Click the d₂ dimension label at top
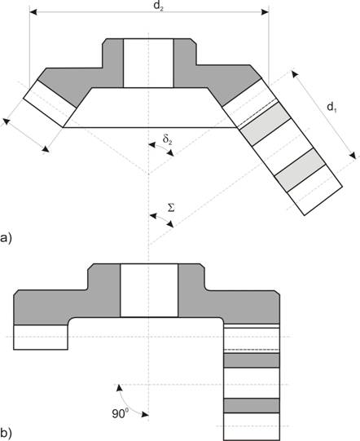(x=158, y=6)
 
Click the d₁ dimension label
(x=331, y=108)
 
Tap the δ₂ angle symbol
(x=167, y=139)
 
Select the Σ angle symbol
(x=171, y=208)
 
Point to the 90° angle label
(x=121, y=413)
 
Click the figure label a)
(x=6, y=239)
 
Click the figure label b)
(x=6, y=434)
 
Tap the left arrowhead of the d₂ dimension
(x=33, y=11)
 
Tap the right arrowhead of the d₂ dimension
(x=265, y=11)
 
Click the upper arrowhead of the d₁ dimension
(x=295, y=74)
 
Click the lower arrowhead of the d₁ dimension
(x=353, y=155)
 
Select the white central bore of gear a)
(x=148, y=64)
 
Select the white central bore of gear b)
(x=149, y=290)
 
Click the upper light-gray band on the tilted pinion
(x=266, y=124)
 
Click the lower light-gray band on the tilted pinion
(x=301, y=170)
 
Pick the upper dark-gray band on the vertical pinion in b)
(x=252, y=360)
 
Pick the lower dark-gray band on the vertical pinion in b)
(x=252, y=406)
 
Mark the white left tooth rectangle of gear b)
(x=41, y=337)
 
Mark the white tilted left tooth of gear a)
(x=50, y=104)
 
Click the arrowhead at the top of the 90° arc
(x=120, y=387)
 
